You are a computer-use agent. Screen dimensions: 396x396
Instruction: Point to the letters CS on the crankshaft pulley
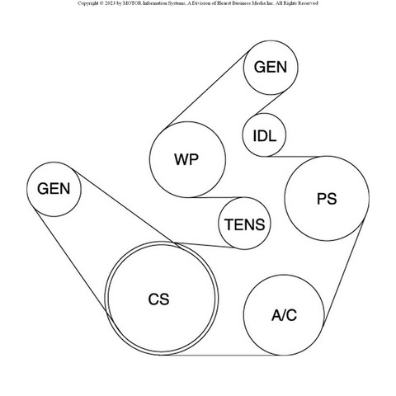tap(158, 299)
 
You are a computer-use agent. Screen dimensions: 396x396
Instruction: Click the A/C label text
tap(284, 315)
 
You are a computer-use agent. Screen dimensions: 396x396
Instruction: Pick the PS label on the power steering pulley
tap(327, 199)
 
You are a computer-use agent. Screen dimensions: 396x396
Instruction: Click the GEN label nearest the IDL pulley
tap(271, 67)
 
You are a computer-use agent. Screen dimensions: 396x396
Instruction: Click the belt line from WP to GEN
tap(208, 89)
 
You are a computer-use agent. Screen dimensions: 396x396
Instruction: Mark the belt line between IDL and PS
tap(294, 157)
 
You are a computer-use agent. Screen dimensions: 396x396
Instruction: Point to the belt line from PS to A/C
tap(344, 271)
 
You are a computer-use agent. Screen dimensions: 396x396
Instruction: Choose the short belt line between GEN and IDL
tap(269, 104)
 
